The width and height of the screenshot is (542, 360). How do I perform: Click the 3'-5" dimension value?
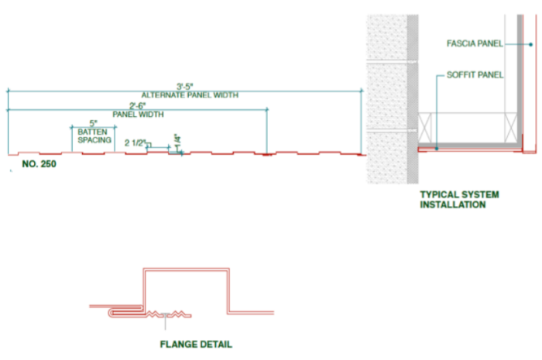click(x=184, y=87)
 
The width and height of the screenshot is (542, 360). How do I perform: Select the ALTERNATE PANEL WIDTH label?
click(x=190, y=95)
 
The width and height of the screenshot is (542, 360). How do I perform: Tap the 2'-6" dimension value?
click(x=138, y=106)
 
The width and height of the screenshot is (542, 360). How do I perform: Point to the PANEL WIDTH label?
click(x=139, y=115)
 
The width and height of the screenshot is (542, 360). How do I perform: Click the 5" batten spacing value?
click(x=94, y=123)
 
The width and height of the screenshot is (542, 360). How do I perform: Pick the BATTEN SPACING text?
click(x=94, y=135)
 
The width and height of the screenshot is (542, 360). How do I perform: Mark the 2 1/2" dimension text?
click(x=135, y=142)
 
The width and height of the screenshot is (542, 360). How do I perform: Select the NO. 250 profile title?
click(x=39, y=164)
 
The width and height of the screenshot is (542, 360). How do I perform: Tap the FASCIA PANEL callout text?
click(x=475, y=43)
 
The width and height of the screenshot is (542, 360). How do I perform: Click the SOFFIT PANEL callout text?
click(x=475, y=74)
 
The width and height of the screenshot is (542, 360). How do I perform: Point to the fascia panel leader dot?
click(x=530, y=45)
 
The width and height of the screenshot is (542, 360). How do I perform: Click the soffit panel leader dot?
click(x=437, y=149)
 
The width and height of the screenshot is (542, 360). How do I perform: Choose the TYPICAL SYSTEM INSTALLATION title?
click(x=459, y=199)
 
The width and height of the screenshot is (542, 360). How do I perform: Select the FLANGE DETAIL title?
click(x=196, y=344)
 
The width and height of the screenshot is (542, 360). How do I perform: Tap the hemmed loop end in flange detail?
click(x=111, y=313)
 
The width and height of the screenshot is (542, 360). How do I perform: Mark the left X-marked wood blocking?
click(x=425, y=128)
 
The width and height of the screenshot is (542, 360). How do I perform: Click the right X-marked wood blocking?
click(x=511, y=128)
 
